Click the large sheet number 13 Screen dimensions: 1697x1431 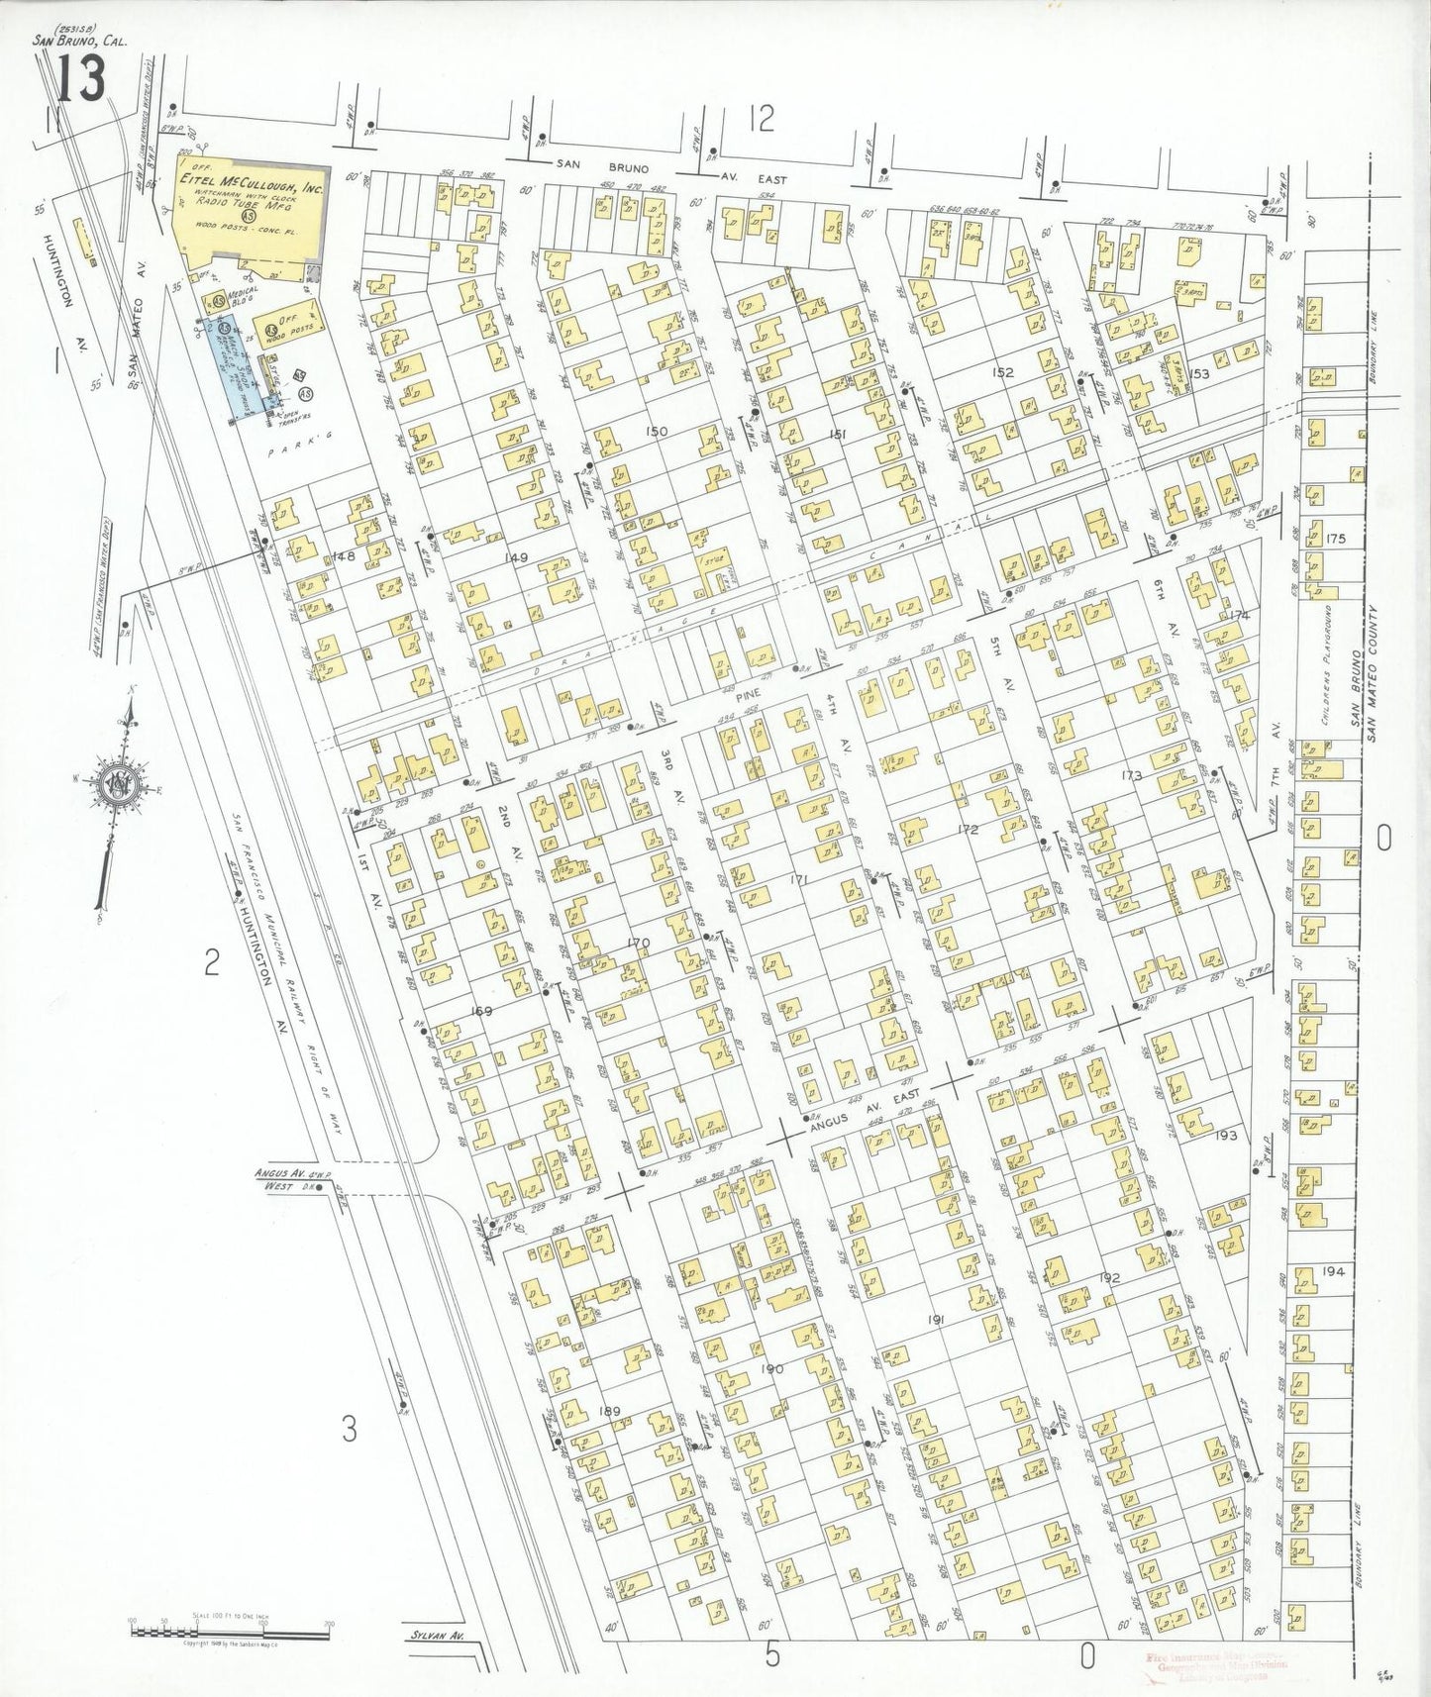[x=80, y=78]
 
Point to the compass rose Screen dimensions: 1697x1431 [x=119, y=781]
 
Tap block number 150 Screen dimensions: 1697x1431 [x=657, y=431]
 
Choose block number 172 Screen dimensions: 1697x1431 [x=968, y=830]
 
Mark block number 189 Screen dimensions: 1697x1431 [x=611, y=1411]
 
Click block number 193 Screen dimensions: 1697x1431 [x=1226, y=1135]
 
